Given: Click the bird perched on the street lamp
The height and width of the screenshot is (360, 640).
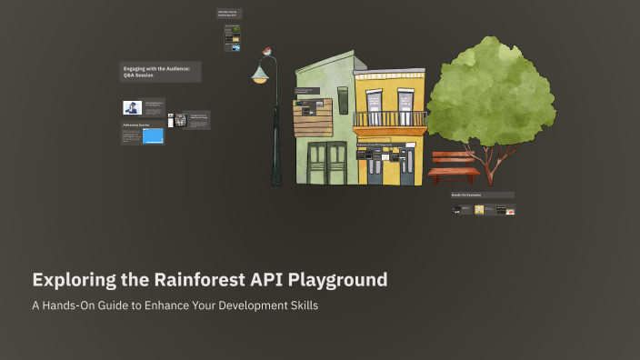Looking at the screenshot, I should click(266, 53).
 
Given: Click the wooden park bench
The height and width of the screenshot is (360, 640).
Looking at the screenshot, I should click(453, 167).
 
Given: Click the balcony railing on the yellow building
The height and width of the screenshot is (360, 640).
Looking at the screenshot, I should click(389, 118).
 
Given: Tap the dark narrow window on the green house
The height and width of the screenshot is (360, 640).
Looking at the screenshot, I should click(344, 100).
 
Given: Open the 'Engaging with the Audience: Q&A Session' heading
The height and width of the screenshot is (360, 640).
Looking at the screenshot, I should click(160, 72).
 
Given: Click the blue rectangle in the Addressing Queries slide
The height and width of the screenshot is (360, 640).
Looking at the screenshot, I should click(153, 136).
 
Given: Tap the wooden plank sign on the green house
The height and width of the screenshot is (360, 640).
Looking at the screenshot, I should click(312, 117).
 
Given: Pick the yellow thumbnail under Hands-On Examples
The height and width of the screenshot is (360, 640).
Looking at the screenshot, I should click(479, 210).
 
